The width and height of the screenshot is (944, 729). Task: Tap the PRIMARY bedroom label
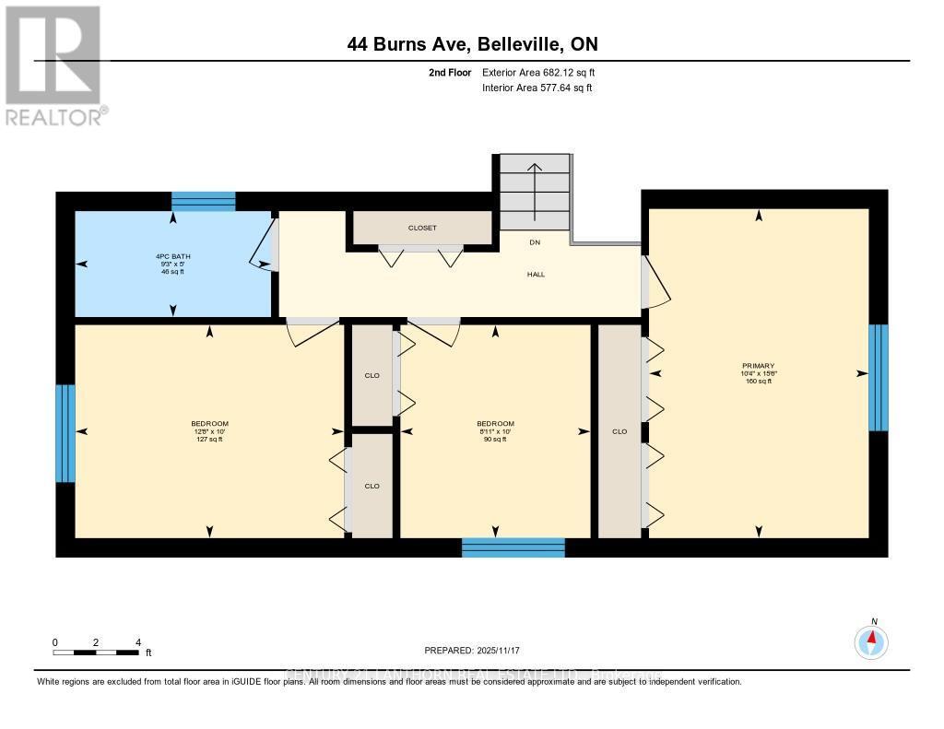[759, 366]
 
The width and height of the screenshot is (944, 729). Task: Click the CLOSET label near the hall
[422, 228]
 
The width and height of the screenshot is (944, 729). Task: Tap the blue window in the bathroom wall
[204, 202]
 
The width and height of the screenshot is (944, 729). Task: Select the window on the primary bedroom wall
[879, 377]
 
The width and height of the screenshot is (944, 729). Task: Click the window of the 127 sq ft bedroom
[65, 433]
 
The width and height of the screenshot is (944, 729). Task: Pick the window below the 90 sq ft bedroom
[513, 547]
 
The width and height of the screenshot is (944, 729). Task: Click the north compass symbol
[871, 640]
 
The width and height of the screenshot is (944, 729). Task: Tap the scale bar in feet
[97, 653]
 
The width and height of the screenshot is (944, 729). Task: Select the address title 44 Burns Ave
[478, 43]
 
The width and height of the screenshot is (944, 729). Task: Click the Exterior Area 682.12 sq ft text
[545, 72]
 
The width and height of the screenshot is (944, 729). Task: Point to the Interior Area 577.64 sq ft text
[537, 88]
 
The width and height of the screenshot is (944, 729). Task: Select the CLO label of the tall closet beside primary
[619, 431]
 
